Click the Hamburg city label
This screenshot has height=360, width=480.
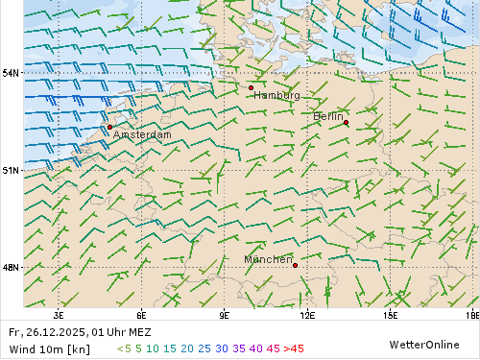click(276, 95)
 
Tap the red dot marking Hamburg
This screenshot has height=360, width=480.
click(251, 87)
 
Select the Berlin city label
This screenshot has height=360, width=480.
click(328, 116)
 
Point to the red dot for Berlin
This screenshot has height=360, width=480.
click(346, 122)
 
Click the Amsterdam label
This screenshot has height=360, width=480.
click(142, 135)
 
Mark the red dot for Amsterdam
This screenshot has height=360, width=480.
click(109, 127)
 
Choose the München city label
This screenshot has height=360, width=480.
click(268, 260)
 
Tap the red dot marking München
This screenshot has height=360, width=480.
click(295, 265)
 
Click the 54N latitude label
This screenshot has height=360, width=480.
click(11, 73)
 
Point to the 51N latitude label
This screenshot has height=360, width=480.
click(11, 170)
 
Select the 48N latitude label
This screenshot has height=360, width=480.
click(11, 268)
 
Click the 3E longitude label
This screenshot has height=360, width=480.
click(59, 314)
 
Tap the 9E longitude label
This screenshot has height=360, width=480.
click(225, 314)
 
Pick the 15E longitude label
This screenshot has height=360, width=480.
click(390, 314)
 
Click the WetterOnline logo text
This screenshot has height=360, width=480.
click(423, 344)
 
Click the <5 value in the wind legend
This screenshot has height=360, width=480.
click(124, 348)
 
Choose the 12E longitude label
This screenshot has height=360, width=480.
click(307, 314)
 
